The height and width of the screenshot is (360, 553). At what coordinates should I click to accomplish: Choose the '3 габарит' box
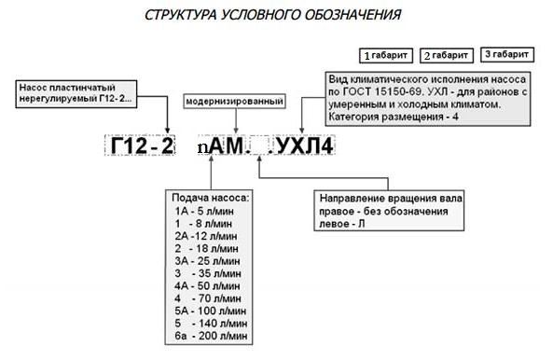click(507, 53)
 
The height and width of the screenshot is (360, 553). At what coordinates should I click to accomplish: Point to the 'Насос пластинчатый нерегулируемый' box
click(76, 92)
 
